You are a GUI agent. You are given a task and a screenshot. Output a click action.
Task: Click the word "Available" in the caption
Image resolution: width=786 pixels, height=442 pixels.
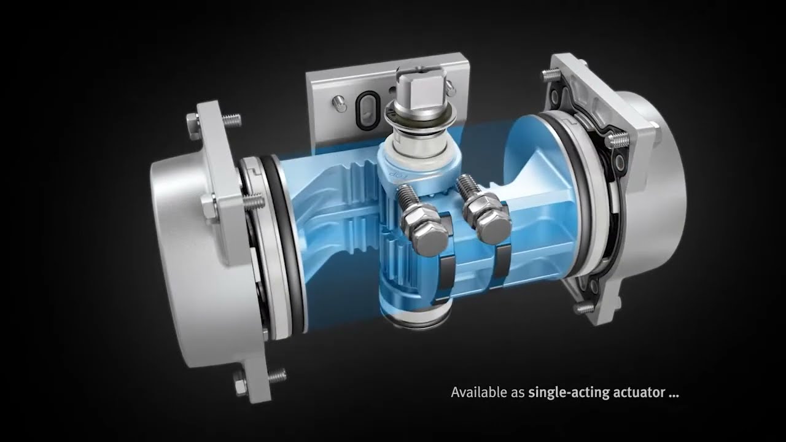point(476,392)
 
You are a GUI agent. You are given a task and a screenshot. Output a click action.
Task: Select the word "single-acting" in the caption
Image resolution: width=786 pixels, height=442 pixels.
point(561,392)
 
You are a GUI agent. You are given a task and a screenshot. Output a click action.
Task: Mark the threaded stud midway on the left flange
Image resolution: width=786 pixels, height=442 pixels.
point(253,202)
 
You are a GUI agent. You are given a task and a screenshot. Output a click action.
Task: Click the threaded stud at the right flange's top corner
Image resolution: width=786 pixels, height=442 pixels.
point(546,76)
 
